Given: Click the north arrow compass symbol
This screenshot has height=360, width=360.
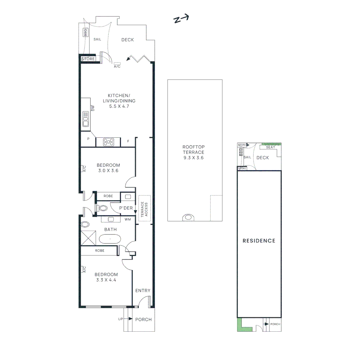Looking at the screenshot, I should tap(181, 19).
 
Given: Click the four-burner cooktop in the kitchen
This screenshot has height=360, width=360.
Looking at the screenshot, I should tap(108, 142).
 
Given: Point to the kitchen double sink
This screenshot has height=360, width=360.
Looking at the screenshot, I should tap(86, 119).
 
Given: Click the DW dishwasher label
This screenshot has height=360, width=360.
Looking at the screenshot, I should tap(93, 108).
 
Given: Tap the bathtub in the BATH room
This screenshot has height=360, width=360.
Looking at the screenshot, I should tap(110, 239).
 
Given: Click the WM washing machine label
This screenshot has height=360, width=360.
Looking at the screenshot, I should tap(127, 219).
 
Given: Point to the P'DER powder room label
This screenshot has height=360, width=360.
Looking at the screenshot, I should tap(126, 208).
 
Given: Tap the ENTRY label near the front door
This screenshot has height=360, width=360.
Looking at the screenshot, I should tap(143, 291).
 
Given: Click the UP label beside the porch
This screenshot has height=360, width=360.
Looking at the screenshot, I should tap(120, 319).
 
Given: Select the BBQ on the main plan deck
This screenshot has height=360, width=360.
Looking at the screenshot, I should tap(85, 32).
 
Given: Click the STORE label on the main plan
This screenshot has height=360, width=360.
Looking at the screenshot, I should tap(88, 59).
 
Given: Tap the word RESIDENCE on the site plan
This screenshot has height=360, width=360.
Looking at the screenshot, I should tap(259, 241).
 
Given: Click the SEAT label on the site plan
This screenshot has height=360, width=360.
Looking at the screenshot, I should tap(270, 147).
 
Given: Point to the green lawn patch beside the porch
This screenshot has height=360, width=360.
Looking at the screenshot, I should tap(240, 325).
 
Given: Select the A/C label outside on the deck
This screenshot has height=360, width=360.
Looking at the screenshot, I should tap(117, 66).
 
